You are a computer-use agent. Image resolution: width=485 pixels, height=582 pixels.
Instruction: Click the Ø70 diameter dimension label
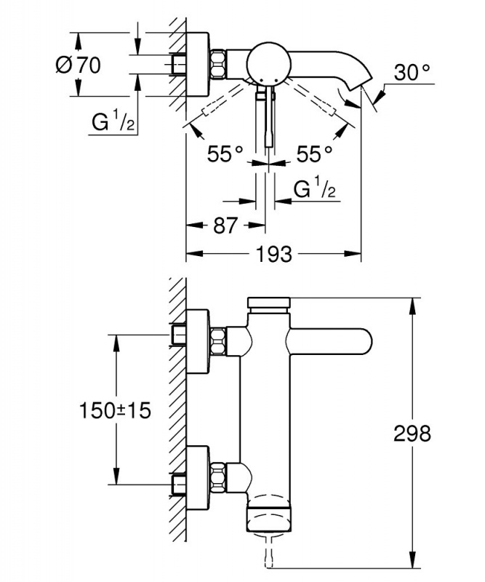click(76, 65)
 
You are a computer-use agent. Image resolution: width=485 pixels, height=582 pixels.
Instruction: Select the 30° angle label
click(412, 73)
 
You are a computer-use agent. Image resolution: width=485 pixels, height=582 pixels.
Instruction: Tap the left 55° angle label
click(224, 154)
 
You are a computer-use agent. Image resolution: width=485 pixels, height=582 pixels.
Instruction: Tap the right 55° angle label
click(314, 154)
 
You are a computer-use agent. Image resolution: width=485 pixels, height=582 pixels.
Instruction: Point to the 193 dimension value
click(275, 255)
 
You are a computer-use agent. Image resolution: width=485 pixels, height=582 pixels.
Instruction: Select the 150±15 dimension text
click(115, 410)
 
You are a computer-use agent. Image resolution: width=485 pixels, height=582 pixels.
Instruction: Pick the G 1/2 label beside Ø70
click(112, 123)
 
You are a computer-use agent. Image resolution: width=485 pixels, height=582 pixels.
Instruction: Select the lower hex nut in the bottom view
click(218, 478)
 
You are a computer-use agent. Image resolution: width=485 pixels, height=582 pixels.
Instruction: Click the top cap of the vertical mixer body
click(269, 303)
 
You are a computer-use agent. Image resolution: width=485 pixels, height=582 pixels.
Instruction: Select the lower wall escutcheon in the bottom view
click(198, 478)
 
